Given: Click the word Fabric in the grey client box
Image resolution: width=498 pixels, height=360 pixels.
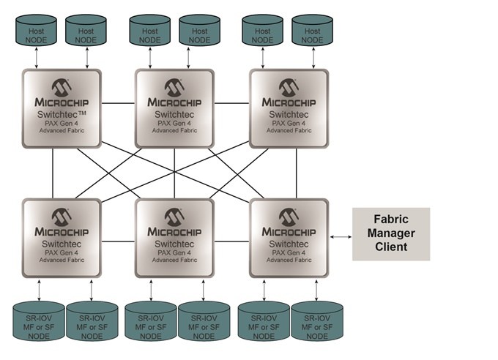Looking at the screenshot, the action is click(391, 220).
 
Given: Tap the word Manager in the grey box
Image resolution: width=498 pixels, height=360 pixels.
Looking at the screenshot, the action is click(391, 233).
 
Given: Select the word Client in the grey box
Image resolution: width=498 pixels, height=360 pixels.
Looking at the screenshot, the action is click(391, 247).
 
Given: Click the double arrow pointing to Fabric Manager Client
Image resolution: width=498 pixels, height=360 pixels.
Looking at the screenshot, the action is click(341, 236).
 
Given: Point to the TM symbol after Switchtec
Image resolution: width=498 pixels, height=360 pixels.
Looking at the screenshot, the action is click(81, 113).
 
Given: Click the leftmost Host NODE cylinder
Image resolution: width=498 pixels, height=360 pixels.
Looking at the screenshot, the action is click(36, 31).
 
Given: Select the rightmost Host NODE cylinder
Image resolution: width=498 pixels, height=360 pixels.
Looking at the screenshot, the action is click(312, 31).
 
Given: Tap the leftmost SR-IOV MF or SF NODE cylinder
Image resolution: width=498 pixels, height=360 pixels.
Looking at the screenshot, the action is click(39, 321).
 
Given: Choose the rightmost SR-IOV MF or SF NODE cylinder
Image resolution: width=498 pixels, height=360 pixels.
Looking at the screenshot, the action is click(317, 321).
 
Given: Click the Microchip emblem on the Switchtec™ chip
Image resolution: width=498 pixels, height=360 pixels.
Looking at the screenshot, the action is click(62, 87).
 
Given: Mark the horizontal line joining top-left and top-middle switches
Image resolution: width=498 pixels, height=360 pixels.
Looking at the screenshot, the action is click(118, 103).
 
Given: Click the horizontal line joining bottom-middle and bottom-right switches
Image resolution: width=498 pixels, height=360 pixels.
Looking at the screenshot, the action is click(232, 241).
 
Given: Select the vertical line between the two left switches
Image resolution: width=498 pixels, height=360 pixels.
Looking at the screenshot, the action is click(53, 173).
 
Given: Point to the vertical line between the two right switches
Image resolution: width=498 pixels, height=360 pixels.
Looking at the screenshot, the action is click(297, 173).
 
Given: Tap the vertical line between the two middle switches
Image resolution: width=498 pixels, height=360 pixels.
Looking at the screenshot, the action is click(174, 173).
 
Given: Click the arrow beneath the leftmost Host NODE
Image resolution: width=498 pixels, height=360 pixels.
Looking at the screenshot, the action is click(36, 58).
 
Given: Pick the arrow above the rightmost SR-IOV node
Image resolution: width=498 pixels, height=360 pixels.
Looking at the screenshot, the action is click(316, 290).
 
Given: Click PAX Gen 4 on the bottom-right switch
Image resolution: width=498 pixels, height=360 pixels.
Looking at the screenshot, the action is click(289, 252).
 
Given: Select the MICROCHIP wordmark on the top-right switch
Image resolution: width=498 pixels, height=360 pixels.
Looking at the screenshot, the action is click(289, 102).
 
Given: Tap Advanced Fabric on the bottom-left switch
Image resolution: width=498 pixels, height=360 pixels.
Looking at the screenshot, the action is click(62, 260).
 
